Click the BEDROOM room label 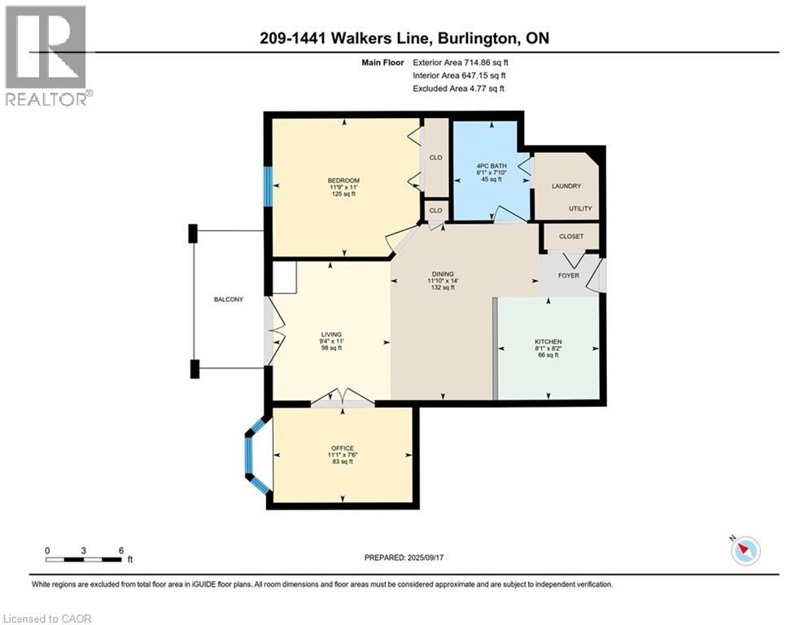pos(343,181)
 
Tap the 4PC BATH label pos(491,166)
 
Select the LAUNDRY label pos(566,186)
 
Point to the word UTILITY pos(580,208)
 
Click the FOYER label pos(569,276)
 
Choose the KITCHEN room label pos(548,342)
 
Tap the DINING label pos(443,274)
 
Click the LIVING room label pos(331,334)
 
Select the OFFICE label pos(343,448)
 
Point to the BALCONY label pos(229,299)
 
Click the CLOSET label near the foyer pos(571,237)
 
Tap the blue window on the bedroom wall pos(268,186)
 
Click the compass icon pos(745,551)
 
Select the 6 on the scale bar pos(121,550)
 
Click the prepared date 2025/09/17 pos(425,557)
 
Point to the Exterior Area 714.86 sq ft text pos(461,63)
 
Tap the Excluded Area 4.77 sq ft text pos(459,88)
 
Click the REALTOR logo pos(47,55)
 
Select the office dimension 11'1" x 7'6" pos(343,455)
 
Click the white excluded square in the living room pos(284,278)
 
